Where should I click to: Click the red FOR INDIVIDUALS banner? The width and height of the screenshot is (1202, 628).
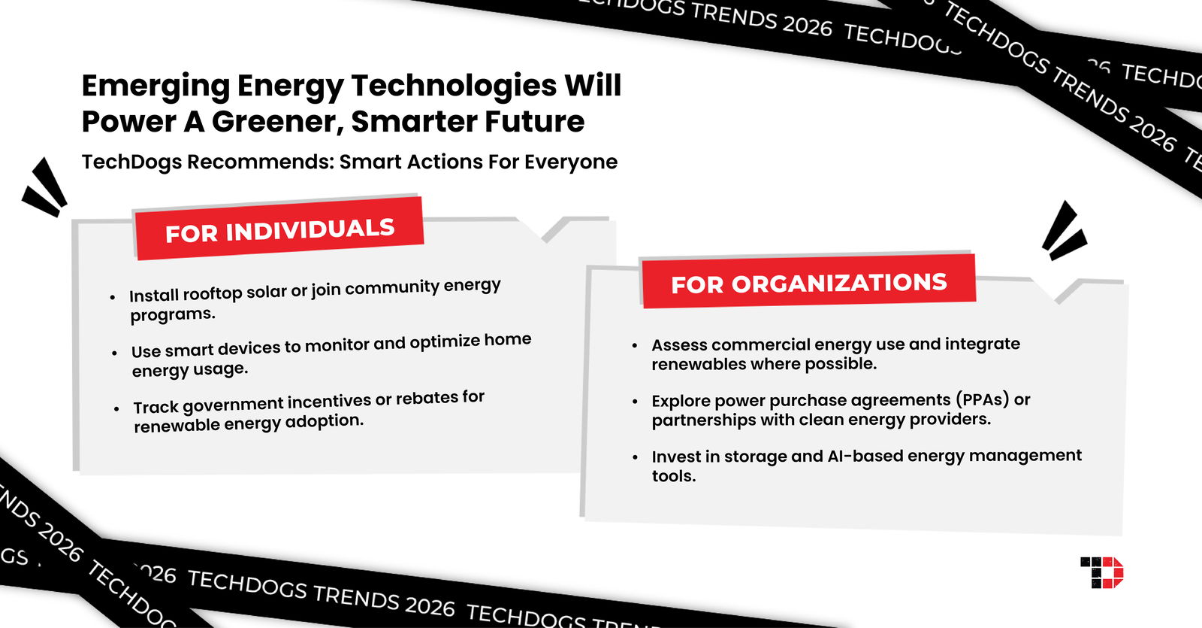279,229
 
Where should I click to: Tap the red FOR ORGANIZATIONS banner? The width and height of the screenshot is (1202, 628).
808,282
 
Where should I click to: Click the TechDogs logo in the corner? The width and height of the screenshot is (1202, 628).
1101,573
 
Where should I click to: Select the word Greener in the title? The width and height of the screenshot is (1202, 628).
274,121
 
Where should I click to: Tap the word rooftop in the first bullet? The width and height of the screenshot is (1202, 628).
212,293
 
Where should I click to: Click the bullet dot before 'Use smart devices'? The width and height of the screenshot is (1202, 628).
114,353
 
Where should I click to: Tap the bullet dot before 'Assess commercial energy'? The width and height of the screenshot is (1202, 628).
635,346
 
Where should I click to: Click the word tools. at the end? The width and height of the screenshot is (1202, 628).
673,476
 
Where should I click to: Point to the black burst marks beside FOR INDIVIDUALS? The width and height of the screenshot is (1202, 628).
44,188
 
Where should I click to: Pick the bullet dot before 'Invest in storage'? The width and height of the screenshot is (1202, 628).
635,457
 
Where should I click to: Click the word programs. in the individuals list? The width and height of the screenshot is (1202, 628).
173,314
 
